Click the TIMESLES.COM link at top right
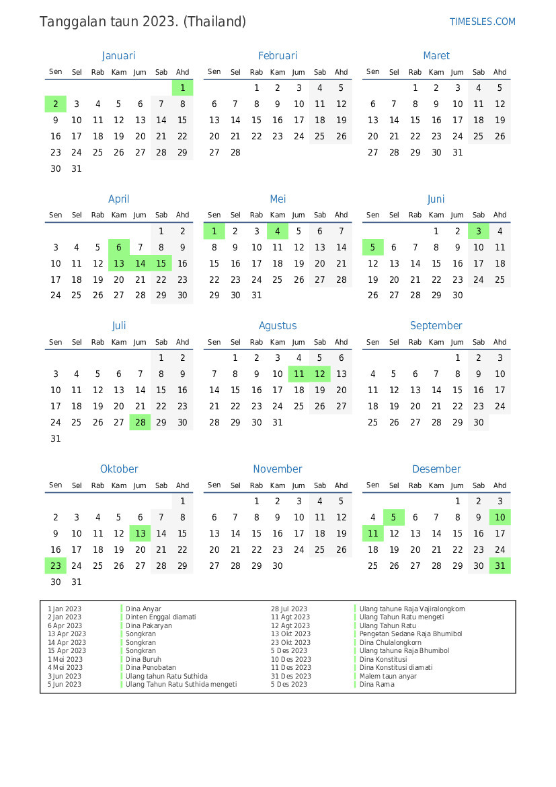(x=482, y=22)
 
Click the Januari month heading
(x=118, y=56)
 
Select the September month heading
(x=436, y=326)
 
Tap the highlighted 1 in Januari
(x=182, y=88)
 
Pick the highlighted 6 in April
(x=119, y=247)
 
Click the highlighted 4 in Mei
(x=278, y=231)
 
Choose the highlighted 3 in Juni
(x=478, y=231)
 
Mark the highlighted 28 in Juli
(x=140, y=422)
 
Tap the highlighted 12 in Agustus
(x=320, y=374)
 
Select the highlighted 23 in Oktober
(x=56, y=566)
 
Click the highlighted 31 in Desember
(x=500, y=566)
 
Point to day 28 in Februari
(x=235, y=152)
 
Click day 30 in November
(x=278, y=566)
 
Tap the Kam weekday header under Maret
(x=436, y=72)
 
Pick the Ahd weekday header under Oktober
(x=182, y=485)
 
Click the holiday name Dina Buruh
(x=143, y=659)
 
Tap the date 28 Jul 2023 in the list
(x=289, y=609)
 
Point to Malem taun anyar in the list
(x=388, y=676)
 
